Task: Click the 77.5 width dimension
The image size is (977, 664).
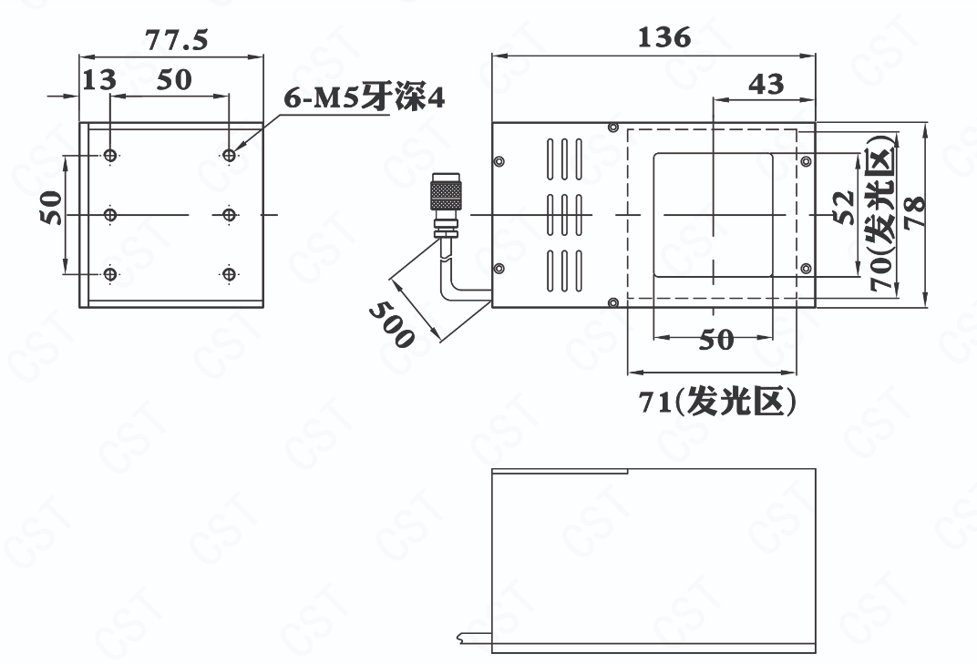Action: [x=176, y=40]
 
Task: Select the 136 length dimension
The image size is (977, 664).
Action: [x=664, y=37]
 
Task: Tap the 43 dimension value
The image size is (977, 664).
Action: [x=766, y=84]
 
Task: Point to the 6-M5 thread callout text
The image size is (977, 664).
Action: [x=365, y=97]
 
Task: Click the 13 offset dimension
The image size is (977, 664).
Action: [x=99, y=80]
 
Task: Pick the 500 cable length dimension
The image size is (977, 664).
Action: [x=391, y=324]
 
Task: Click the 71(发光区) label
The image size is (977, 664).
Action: [x=717, y=402]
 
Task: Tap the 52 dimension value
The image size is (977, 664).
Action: [x=845, y=207]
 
